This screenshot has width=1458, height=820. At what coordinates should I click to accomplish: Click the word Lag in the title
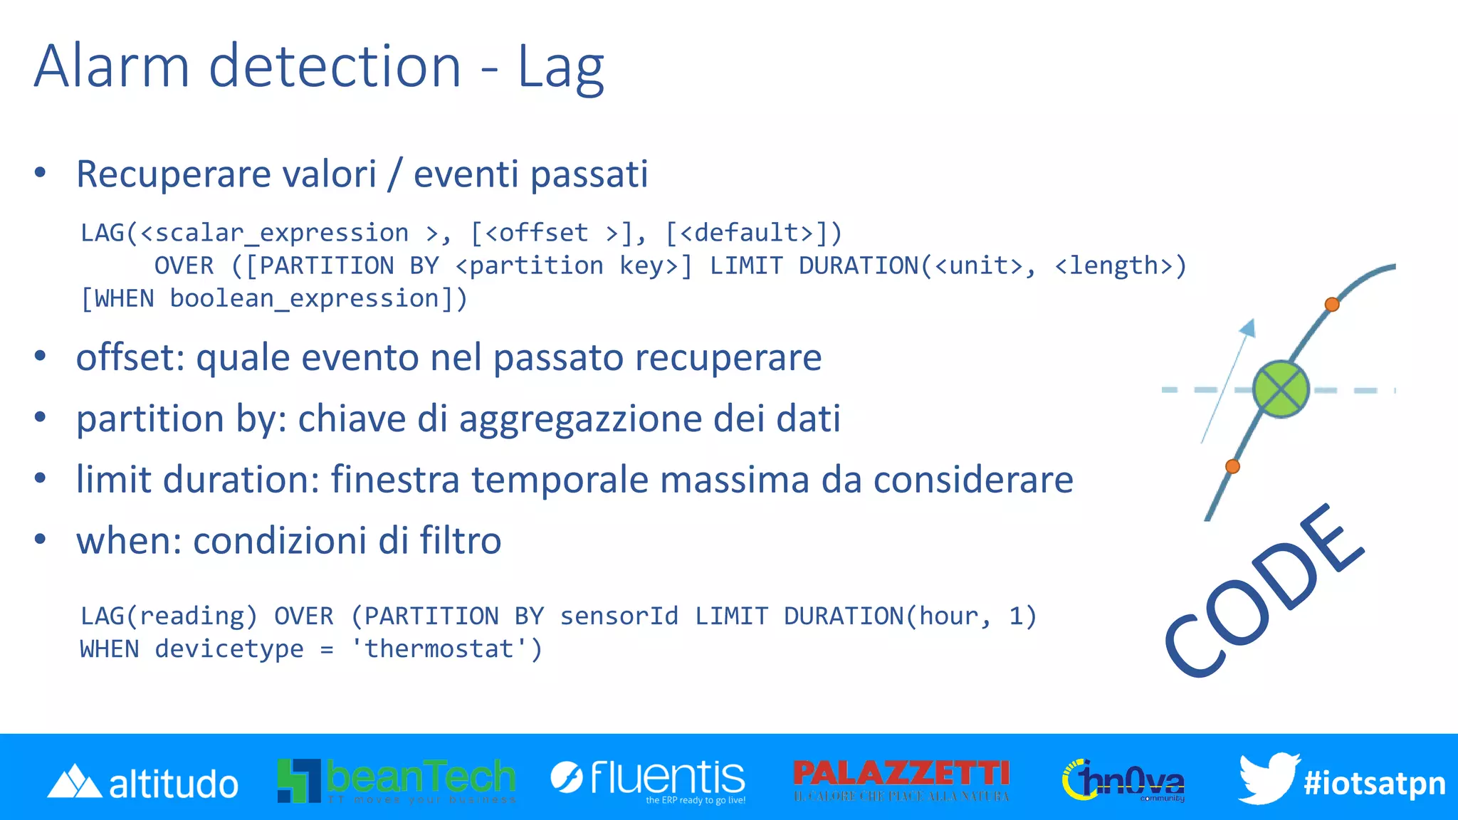coord(560,67)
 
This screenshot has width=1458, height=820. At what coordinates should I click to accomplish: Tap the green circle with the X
coord(1280,389)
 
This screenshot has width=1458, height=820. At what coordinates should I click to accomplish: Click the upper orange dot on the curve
coord(1331,305)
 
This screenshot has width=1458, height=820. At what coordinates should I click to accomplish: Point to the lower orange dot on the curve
coord(1232,466)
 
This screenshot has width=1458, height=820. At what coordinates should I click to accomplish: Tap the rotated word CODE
coord(1264,591)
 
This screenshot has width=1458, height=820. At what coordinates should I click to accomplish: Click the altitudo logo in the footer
coord(142,782)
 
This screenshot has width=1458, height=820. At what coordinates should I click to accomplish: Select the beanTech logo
coord(397,780)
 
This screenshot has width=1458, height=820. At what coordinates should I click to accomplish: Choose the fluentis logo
coord(648,779)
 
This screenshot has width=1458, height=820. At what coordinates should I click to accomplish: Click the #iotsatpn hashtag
coord(1374,783)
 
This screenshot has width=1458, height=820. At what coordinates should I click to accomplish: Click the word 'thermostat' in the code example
coord(439,648)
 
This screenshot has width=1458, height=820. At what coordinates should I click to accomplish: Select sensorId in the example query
coord(619,616)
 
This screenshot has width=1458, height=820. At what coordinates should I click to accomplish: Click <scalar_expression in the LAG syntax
coord(274,233)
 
